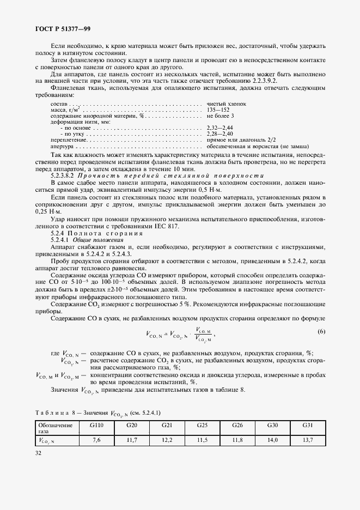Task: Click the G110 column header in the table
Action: pyautogui.click(x=97, y=425)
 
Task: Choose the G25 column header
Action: pyautogui.click(x=202, y=425)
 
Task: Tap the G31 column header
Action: pyautogui.click(x=307, y=425)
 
